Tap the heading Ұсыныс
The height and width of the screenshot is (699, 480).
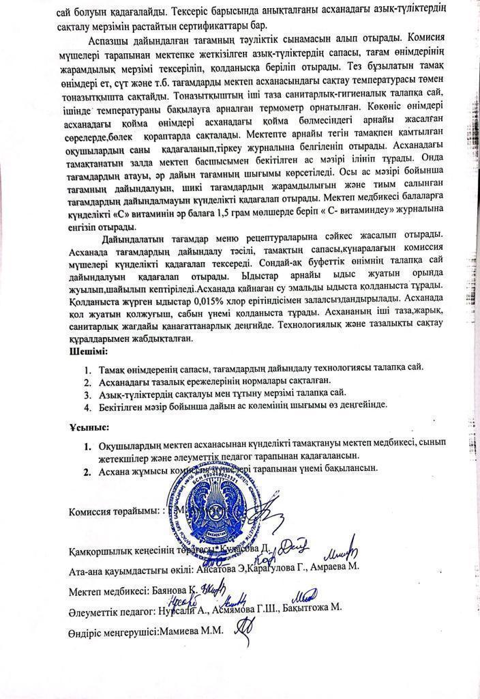tap(89, 427)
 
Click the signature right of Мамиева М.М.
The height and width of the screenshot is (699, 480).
tap(242, 631)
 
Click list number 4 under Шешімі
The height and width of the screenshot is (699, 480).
tap(87, 405)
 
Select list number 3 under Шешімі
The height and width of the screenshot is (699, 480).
tap(87, 393)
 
